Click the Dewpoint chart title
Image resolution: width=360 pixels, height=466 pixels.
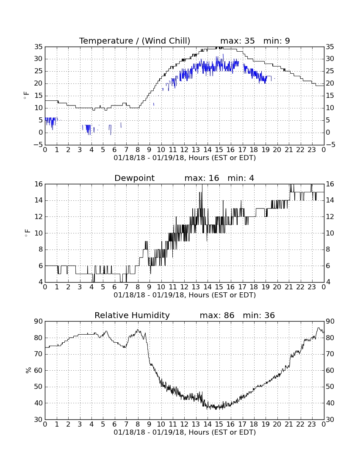(x=134, y=178)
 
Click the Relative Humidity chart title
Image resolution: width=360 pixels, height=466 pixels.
(x=132, y=315)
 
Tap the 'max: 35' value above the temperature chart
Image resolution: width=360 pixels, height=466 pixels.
(x=237, y=41)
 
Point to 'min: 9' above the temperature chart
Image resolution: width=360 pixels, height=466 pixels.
(x=277, y=41)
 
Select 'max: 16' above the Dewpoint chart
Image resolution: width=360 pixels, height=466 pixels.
(x=202, y=178)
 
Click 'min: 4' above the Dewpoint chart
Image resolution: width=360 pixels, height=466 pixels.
(x=241, y=178)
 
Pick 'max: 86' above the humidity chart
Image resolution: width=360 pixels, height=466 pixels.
(x=217, y=315)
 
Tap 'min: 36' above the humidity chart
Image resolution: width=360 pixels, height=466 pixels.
(x=259, y=315)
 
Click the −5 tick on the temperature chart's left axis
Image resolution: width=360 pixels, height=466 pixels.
(x=38, y=145)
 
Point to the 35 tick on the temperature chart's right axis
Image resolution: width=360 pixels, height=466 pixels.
(x=330, y=47)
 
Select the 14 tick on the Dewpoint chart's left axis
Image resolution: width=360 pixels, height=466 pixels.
(x=39, y=200)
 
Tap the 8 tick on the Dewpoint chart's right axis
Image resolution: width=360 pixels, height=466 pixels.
(x=328, y=250)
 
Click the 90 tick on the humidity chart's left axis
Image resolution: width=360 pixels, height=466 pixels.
(x=39, y=321)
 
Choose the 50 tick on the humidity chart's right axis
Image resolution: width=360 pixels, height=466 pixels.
(x=330, y=387)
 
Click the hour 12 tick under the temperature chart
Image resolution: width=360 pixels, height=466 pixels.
(x=184, y=150)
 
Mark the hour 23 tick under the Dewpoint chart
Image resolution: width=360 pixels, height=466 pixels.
(x=312, y=287)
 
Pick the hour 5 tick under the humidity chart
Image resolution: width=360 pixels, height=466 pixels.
(x=103, y=424)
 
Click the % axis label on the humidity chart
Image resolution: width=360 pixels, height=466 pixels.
(x=28, y=370)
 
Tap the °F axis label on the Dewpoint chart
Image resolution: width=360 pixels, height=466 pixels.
(x=28, y=233)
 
